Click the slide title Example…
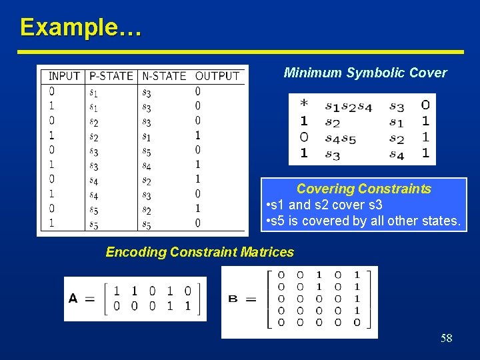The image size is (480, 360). (x=80, y=27)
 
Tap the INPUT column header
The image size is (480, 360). (x=64, y=76)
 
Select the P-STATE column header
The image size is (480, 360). (x=111, y=76)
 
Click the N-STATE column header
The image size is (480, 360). (x=164, y=76)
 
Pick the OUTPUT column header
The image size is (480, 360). (x=217, y=76)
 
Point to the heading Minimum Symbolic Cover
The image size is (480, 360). (x=365, y=73)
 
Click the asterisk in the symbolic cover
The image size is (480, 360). (x=304, y=105)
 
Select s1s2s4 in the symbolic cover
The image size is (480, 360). (x=348, y=105)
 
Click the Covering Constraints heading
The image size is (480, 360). (x=363, y=189)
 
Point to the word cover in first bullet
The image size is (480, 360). (x=351, y=205)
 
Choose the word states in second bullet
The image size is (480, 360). (x=441, y=220)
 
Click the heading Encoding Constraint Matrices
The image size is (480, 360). (x=199, y=252)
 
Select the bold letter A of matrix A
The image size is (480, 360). (x=73, y=298)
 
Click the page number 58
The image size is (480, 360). (x=446, y=339)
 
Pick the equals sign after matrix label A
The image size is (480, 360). (x=89, y=298)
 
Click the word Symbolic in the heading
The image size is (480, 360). (x=373, y=73)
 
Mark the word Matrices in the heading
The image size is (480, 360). (x=268, y=252)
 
